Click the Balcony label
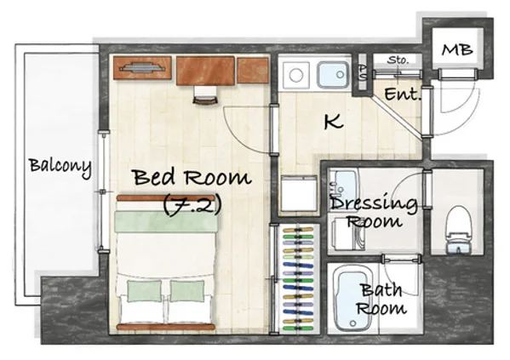click(60, 167)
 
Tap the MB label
click(457, 50)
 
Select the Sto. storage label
click(398, 60)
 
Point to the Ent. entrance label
click(403, 94)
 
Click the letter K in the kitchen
click(334, 122)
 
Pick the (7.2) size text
click(192, 205)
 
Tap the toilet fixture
click(459, 230)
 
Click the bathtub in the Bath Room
click(352, 299)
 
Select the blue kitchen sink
click(333, 75)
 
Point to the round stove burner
click(296, 76)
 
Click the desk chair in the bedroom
click(205, 95)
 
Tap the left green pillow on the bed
click(145, 291)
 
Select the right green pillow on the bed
click(187, 291)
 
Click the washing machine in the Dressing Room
click(348, 234)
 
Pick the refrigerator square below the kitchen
click(299, 193)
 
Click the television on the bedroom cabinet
click(142, 67)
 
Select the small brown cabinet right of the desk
click(253, 70)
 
